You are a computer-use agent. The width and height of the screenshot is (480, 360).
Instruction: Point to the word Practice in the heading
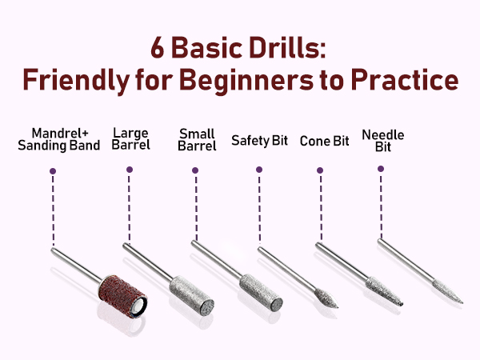tap(414, 81)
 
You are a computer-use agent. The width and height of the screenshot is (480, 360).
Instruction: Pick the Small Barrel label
tap(196, 140)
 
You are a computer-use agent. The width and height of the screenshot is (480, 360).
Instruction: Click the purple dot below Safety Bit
tap(258, 170)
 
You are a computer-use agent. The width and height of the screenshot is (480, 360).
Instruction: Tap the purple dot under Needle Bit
tap(381, 169)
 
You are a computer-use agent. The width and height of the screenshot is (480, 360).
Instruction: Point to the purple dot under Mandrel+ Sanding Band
tap(53, 170)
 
